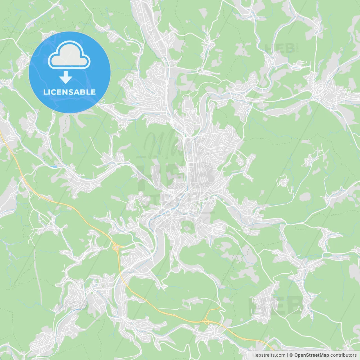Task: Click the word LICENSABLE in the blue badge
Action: pos(69,92)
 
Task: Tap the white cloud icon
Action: pos(69,55)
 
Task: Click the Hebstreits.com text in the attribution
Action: pos(269,355)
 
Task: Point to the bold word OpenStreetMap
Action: pos(311,355)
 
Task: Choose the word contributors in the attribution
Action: pos(343,355)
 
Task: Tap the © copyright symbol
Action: pos(291,355)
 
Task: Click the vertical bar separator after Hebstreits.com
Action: pos(287,355)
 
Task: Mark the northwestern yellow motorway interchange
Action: pos(116,248)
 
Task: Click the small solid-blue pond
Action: pos(53,166)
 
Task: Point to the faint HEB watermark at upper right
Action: pos(280,48)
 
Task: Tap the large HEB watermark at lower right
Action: pos(274,305)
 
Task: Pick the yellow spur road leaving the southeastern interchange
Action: pos(214,309)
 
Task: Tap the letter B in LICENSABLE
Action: pos(84,92)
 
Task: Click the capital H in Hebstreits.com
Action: pos(254,355)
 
